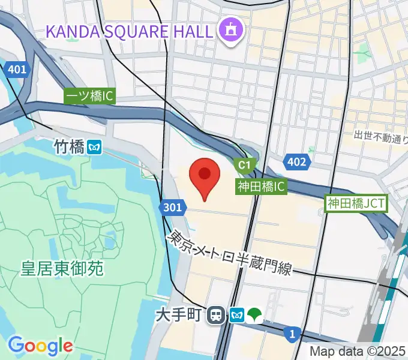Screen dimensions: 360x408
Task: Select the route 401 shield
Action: [x=17, y=70]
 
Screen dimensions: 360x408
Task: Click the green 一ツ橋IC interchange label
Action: [x=89, y=96]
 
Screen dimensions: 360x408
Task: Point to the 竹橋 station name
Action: [x=68, y=146]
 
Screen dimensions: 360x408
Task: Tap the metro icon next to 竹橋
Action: [x=93, y=146]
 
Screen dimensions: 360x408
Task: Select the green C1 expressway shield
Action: [x=244, y=164]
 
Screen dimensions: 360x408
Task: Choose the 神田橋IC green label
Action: [x=260, y=187]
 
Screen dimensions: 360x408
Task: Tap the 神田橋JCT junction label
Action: [x=356, y=203]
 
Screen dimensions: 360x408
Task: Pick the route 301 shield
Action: [x=172, y=208]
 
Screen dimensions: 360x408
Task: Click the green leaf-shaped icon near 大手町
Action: [x=256, y=314]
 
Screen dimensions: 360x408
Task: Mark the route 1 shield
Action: [x=292, y=334]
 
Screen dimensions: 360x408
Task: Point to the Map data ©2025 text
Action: [x=358, y=351]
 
